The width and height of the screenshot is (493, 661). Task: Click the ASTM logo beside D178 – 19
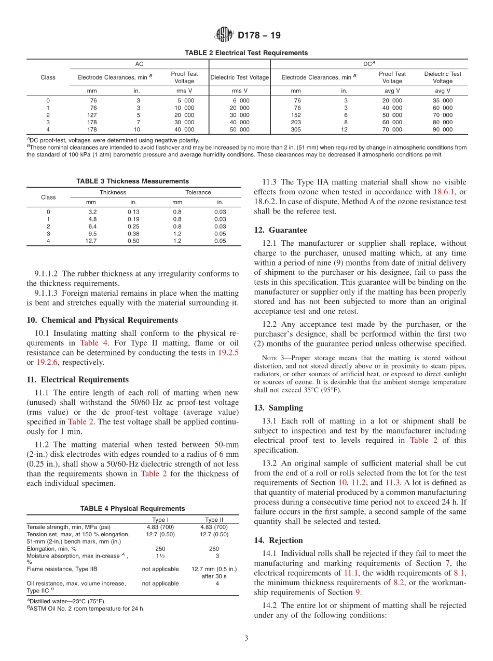224,35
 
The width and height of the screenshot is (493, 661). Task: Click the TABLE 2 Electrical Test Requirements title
246,53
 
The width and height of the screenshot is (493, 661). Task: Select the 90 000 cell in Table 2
443,129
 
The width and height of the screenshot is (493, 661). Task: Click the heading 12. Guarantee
280,230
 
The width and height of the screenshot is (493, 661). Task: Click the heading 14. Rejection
278,540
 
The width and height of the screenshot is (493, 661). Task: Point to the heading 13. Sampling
278,408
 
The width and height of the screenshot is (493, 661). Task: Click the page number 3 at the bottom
246,638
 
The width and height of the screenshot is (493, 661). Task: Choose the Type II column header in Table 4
214,520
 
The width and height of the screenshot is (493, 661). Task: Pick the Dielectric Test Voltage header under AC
239,77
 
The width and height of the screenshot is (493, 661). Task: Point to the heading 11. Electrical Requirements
77,379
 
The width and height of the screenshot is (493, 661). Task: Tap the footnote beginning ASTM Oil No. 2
86,608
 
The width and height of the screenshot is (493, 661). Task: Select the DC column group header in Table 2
368,64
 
